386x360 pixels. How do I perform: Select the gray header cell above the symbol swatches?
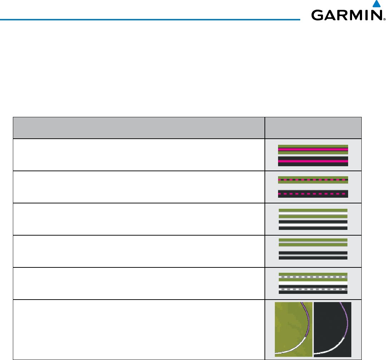pos(313,128)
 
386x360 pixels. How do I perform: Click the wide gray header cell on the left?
pos(139,128)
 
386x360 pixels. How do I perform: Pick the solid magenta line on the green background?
pos(313,149)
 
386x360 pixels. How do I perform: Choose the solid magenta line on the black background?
pos(313,161)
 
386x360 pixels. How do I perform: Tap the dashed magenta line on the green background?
pos(313,179)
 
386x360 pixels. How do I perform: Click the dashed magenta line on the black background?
pos(313,194)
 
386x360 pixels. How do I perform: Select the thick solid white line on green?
pos(313,212)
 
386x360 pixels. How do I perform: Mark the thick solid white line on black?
pos(313,224)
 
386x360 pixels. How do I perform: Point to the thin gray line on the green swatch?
pos(313,243)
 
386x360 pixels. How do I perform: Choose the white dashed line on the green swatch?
pos(313,277)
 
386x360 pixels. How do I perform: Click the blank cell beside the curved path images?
pos(139,329)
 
